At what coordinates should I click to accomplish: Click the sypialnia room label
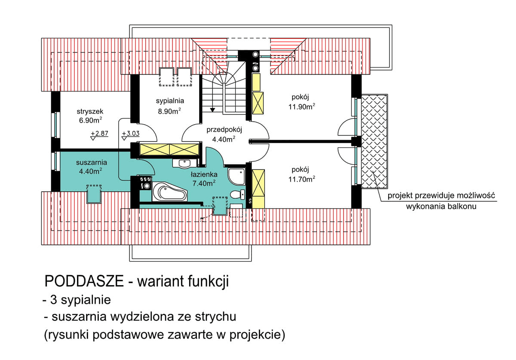click(x=169, y=101)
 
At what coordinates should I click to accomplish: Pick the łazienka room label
click(x=203, y=174)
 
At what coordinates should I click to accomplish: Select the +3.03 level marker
click(x=130, y=133)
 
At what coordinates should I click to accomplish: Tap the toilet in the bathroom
click(x=236, y=194)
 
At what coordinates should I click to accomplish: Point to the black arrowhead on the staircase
click(x=212, y=110)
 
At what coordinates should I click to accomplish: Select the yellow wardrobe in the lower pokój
click(x=259, y=188)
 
